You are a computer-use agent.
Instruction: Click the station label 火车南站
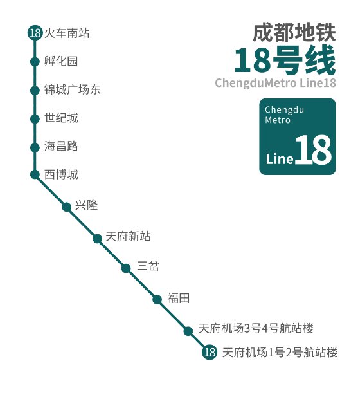[x=67, y=33]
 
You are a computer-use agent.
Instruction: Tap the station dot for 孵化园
[x=35, y=62]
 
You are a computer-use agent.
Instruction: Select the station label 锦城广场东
[x=73, y=90]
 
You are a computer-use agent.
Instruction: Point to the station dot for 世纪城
[x=35, y=118]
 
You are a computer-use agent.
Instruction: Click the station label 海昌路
[x=62, y=147]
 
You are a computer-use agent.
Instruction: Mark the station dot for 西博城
[x=35, y=174]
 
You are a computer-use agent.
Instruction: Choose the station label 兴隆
[x=85, y=206]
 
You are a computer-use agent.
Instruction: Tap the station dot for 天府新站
[x=98, y=239]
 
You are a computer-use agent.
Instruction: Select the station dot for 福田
[x=157, y=299]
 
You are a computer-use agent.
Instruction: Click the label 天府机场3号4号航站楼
[x=256, y=329]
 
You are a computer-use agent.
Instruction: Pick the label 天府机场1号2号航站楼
[x=280, y=353]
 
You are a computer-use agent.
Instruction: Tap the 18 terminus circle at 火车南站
[x=35, y=33]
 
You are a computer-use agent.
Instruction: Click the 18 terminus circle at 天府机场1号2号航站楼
[x=209, y=353]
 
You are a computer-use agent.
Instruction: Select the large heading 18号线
[x=284, y=62]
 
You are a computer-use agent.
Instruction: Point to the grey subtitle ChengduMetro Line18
[x=275, y=84]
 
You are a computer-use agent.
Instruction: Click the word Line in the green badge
[x=280, y=158]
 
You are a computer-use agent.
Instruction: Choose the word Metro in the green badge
[x=278, y=120]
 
